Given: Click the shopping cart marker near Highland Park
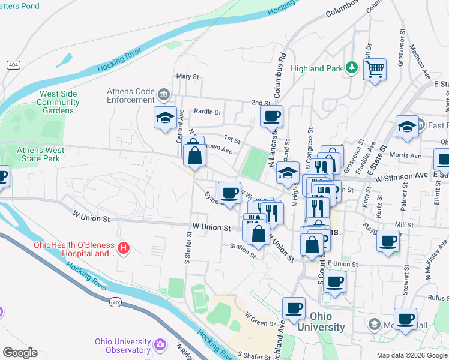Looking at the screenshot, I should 375,70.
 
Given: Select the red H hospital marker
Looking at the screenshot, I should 124,247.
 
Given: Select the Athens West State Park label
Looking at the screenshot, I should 38,154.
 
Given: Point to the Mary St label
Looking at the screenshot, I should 187,77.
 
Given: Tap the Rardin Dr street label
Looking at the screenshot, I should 208,112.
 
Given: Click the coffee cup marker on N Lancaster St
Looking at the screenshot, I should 271,116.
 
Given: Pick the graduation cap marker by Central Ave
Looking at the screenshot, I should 165,118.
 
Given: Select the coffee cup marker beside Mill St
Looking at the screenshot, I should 388,241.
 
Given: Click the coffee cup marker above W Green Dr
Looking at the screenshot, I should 294,308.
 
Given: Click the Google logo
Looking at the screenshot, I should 19,353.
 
